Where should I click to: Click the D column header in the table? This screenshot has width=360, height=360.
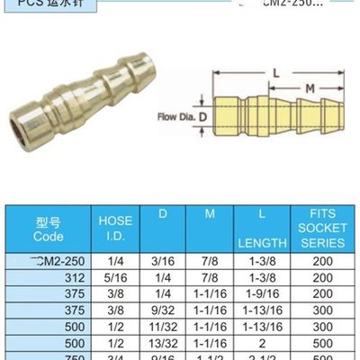(162, 214)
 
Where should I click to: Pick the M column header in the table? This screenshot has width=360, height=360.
(210, 214)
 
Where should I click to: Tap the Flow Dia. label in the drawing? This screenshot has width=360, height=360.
(176, 117)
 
